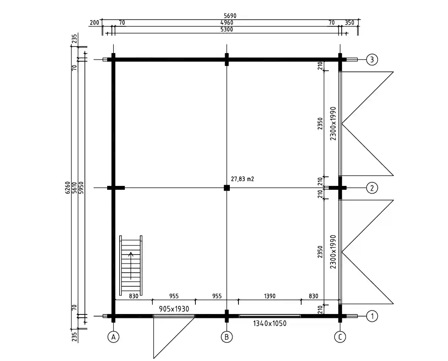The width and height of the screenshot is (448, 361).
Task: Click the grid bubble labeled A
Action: (x=114, y=337)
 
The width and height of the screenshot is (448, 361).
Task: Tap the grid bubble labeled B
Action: (x=226, y=337)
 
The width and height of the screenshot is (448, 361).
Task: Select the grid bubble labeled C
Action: (x=340, y=337)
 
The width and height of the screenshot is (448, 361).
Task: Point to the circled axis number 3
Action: (x=372, y=60)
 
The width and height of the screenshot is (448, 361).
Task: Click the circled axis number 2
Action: (x=372, y=188)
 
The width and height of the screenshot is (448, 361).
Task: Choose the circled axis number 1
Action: (x=372, y=316)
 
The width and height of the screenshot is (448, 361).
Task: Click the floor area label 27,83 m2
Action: (x=242, y=179)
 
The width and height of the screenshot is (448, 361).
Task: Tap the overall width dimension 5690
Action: (x=230, y=16)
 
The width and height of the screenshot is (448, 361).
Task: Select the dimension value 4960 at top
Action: (x=227, y=22)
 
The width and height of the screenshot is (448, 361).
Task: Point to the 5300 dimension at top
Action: (x=227, y=29)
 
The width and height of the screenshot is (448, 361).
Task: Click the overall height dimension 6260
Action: (x=68, y=188)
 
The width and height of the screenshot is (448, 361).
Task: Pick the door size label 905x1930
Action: (x=174, y=309)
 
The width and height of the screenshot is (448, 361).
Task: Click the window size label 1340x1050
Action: (x=270, y=323)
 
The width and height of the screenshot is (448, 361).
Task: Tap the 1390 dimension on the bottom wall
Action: (x=270, y=296)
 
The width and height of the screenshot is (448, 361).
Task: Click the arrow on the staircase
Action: (x=131, y=265)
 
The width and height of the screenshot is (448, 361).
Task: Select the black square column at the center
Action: (x=226, y=188)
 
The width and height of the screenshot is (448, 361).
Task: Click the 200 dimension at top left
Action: (x=94, y=22)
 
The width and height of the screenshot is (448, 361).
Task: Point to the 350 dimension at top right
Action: (x=349, y=22)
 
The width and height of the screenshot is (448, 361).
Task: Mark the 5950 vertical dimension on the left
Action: (x=81, y=188)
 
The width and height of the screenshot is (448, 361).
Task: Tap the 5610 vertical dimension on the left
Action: (x=74, y=188)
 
